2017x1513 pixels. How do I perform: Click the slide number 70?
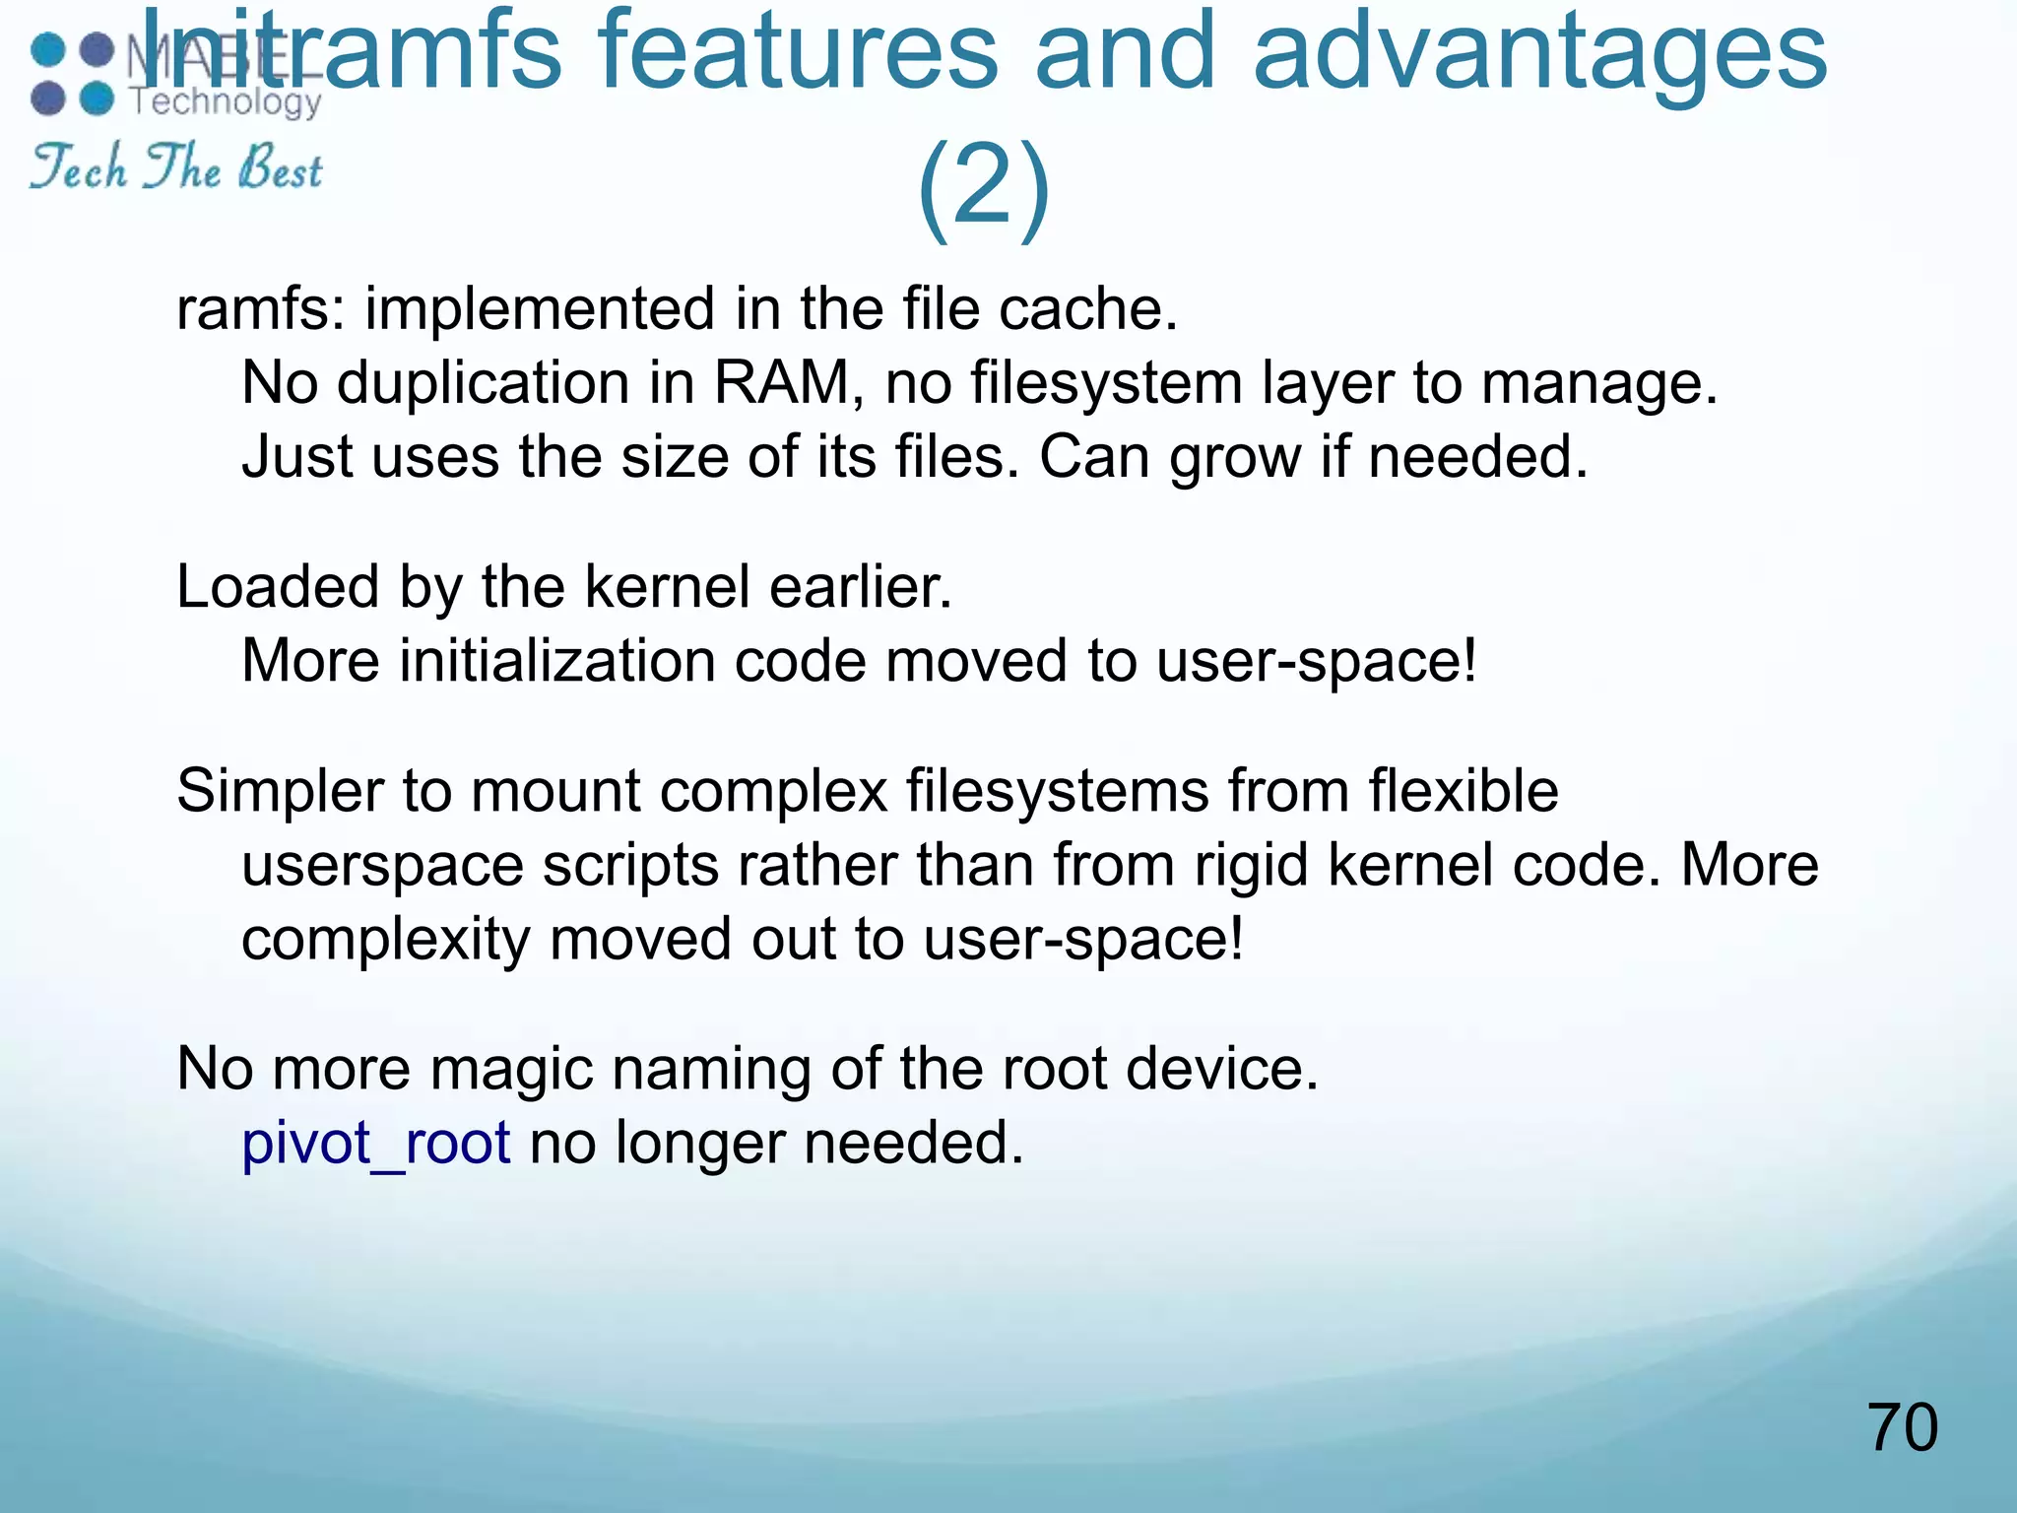(1902, 1427)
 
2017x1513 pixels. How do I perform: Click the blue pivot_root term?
(375, 1144)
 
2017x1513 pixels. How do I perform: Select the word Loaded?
(277, 588)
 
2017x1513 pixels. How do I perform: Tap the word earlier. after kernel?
(860, 588)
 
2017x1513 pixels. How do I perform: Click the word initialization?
(557, 661)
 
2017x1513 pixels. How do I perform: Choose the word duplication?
(484, 383)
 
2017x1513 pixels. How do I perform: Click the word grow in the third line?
(1235, 459)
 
